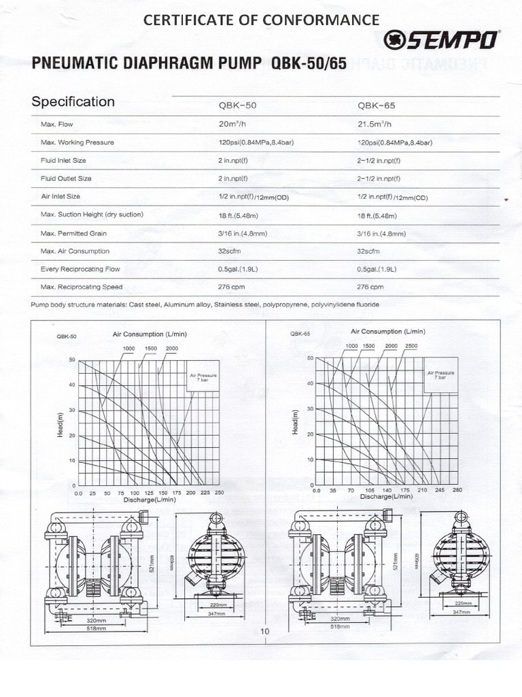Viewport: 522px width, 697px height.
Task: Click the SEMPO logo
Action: tap(443, 41)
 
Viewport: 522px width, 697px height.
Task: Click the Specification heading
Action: tap(73, 102)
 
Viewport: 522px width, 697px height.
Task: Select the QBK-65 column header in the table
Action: tap(376, 107)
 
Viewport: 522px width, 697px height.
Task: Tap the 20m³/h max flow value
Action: tap(234, 125)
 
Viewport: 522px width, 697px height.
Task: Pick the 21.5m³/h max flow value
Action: tap(375, 125)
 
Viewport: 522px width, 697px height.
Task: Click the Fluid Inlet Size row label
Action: tap(63, 161)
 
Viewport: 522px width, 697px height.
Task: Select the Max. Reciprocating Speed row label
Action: tap(82, 287)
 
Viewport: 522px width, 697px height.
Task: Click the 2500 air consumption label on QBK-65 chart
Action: tap(412, 346)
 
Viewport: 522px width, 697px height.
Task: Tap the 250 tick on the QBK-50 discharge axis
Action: tap(219, 492)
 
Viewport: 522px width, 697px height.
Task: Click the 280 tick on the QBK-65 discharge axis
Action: tap(457, 490)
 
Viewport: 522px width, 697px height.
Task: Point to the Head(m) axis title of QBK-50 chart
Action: tap(60, 423)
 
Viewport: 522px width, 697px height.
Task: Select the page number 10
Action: tap(265, 632)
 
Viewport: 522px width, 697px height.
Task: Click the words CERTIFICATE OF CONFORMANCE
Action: tap(261, 20)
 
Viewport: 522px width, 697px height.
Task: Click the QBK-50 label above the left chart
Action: tap(67, 336)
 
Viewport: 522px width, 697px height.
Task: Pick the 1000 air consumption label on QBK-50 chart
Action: tap(129, 348)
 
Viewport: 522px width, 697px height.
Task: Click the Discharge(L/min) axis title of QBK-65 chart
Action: tap(386, 497)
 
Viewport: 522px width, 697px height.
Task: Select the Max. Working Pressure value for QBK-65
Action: tap(394, 143)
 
